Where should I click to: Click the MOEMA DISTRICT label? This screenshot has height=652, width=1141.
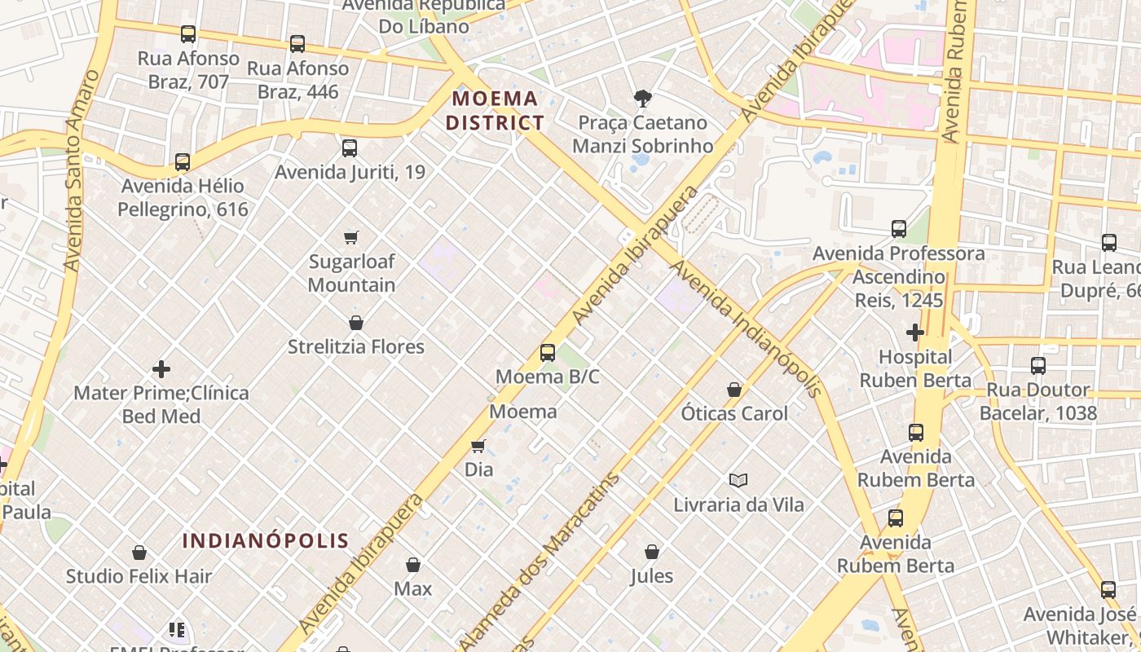click(x=497, y=111)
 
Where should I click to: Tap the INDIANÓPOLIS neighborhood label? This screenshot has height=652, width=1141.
click(x=266, y=540)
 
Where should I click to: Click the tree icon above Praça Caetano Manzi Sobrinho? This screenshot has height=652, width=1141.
click(x=642, y=99)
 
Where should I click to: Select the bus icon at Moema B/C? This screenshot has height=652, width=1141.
click(x=548, y=353)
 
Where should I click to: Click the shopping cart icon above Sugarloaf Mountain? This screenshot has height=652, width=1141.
click(x=351, y=237)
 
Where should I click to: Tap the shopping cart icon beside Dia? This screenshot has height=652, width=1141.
click(x=478, y=446)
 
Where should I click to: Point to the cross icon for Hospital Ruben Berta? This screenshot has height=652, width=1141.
click(x=914, y=333)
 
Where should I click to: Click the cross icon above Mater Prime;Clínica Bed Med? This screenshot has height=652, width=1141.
click(x=161, y=369)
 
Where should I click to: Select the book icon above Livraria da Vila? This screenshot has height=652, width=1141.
click(x=738, y=480)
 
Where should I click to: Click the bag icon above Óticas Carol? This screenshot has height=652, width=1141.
click(x=734, y=390)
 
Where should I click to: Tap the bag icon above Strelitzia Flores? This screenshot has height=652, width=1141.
click(x=356, y=323)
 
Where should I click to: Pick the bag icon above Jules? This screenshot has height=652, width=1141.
click(x=652, y=552)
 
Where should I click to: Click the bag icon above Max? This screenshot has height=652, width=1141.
click(x=413, y=565)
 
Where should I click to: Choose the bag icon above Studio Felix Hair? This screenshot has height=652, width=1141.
click(x=139, y=553)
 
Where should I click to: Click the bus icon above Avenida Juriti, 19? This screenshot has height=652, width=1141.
click(x=350, y=148)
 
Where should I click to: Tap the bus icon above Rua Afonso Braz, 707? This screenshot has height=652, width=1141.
click(x=188, y=34)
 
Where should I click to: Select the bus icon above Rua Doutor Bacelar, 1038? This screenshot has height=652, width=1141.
click(x=1038, y=366)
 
